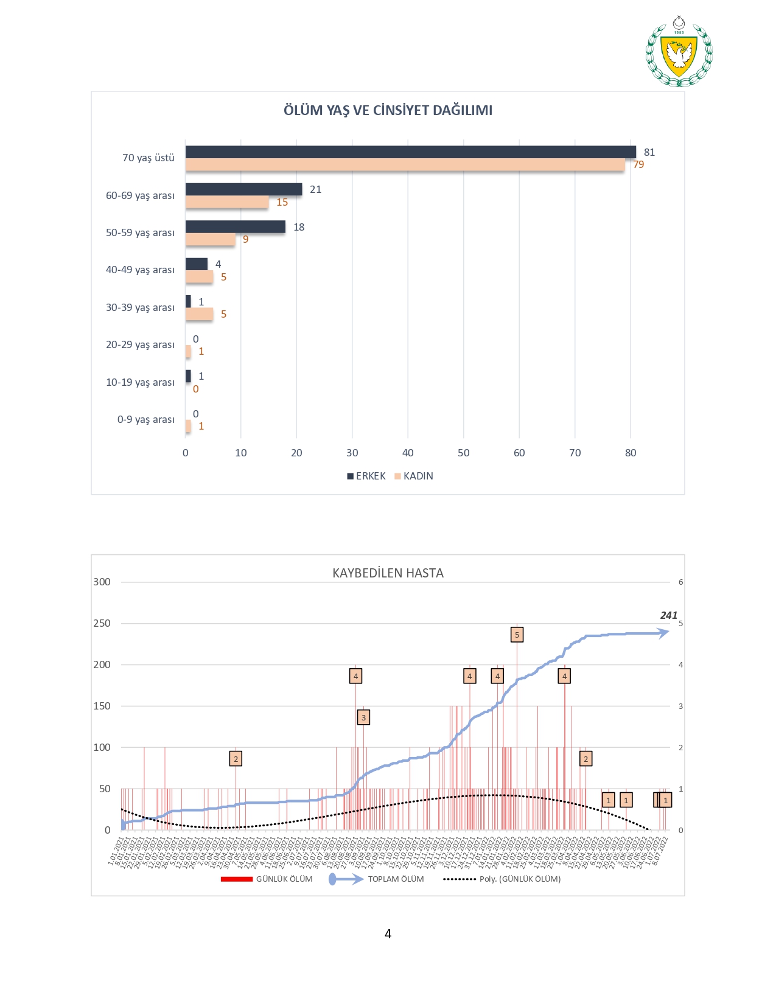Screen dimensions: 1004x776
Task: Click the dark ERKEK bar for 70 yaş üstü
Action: pos(410,152)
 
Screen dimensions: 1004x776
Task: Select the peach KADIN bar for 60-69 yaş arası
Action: pos(227,202)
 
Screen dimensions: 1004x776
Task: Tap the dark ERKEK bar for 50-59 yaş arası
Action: pos(236,227)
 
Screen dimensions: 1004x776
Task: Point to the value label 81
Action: pos(649,152)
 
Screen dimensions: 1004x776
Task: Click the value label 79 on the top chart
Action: pos(638,165)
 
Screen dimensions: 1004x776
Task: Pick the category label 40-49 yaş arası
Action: pos(140,270)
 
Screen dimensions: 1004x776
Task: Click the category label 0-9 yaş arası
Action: pos(145,419)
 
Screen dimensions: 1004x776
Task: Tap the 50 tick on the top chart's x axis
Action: pos(464,453)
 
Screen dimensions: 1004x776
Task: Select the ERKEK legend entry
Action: pos(366,476)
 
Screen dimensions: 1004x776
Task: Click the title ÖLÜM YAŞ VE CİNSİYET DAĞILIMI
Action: pos(388,110)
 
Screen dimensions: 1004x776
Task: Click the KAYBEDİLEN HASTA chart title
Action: pos(388,573)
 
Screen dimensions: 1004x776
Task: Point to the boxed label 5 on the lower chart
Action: pos(517,635)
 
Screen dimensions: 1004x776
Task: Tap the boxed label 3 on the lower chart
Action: pos(363,717)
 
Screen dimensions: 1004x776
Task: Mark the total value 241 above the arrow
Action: pos(668,615)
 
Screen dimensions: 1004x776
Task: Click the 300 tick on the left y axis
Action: pos(102,582)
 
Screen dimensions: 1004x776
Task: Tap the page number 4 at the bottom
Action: pos(388,934)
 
